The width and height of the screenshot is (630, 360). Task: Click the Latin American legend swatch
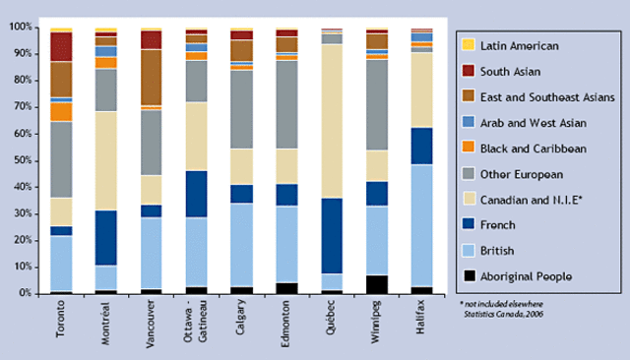(468, 45)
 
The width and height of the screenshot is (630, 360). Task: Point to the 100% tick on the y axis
(21, 28)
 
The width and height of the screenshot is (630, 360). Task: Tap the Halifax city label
(422, 318)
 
